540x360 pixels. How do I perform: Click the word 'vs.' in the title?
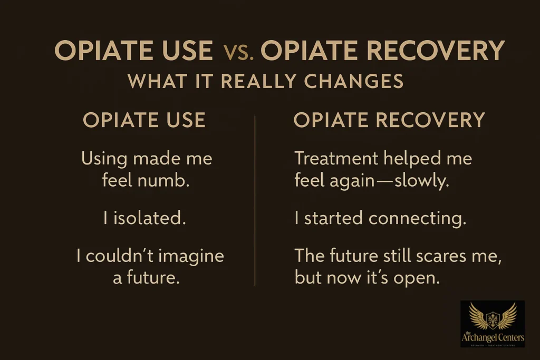click(239, 52)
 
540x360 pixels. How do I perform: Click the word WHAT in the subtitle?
click(153, 82)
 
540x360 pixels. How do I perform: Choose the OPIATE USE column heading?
click(144, 120)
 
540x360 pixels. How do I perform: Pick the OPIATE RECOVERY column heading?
click(389, 120)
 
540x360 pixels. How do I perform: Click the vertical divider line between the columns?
click(255, 200)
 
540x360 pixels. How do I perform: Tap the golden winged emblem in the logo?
click(493, 316)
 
